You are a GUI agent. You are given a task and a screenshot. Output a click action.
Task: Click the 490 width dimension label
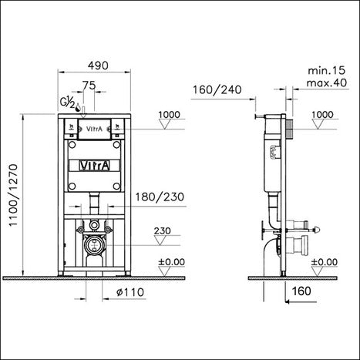pos(98,66)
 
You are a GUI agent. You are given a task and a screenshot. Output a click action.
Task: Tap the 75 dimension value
pos(89,85)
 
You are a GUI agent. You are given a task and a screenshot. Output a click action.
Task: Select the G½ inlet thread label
pos(67,103)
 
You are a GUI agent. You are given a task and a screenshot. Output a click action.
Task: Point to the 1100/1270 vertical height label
pos(13,195)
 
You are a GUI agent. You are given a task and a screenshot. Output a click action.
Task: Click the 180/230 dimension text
pos(160,197)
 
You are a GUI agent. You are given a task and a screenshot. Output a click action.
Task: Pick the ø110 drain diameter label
pos(130,292)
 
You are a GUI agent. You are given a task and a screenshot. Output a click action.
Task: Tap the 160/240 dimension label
pos(217,89)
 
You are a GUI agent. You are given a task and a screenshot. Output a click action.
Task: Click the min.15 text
pos(327,70)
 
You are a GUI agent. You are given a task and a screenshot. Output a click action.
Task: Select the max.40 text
pos(327,82)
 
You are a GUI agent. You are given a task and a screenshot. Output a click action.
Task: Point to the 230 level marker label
pos(162,230)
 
